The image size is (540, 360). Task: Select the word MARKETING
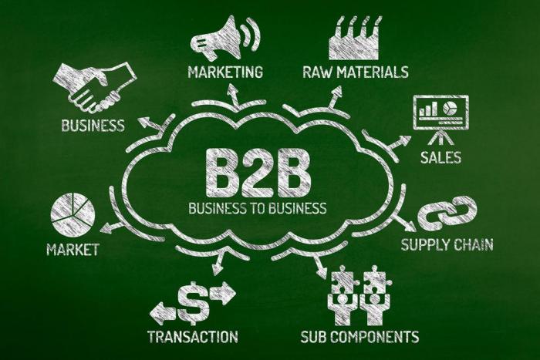225,72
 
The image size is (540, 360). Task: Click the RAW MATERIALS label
356,72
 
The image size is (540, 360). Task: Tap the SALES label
440,158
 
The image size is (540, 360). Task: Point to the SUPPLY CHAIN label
447,246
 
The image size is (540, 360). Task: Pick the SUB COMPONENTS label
359,336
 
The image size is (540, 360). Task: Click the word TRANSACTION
193,336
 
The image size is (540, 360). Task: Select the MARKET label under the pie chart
73,250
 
